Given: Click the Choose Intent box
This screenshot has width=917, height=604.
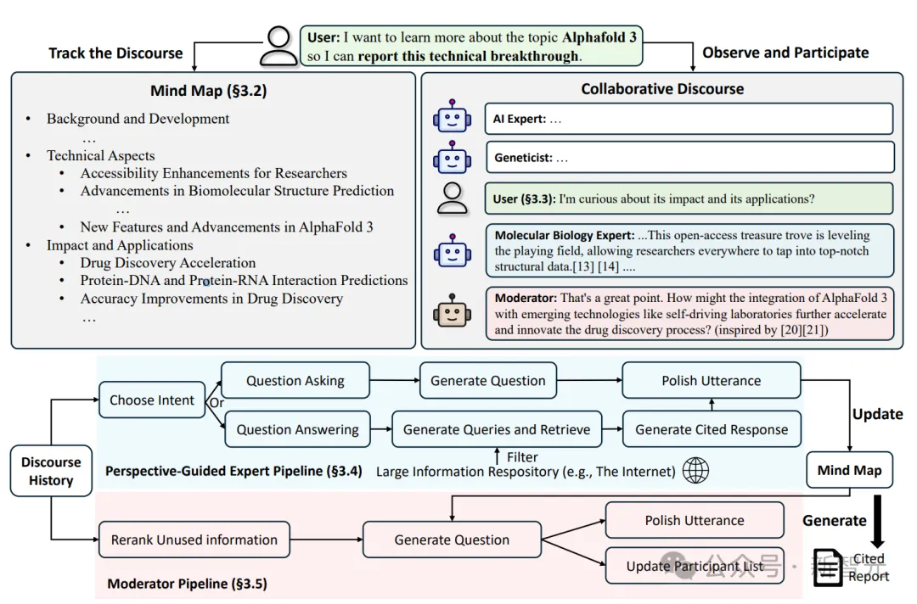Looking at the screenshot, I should (152, 400).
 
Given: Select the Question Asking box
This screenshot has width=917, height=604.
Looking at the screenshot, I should (295, 381).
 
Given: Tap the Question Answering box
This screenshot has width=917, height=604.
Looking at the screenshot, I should (297, 429).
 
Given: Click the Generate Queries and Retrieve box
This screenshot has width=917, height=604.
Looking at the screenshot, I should (497, 429).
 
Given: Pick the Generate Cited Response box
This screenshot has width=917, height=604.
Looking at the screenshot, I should (712, 429).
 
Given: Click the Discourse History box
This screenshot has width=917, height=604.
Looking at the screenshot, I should (51, 471).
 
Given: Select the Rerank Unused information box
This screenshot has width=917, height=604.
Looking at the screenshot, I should (194, 540).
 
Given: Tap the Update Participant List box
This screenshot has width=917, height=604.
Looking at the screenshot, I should (695, 566).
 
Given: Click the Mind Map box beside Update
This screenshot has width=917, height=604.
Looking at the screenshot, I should (849, 470).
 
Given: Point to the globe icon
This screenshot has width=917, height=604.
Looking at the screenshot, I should (695, 471).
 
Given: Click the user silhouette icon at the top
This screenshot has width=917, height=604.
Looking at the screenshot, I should (278, 46).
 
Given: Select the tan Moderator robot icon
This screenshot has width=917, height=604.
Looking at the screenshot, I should (452, 313).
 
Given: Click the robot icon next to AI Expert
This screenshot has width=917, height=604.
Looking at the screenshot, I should (452, 119).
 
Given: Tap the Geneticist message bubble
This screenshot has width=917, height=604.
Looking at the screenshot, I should (689, 157).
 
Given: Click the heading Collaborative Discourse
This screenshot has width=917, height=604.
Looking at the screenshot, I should (662, 89).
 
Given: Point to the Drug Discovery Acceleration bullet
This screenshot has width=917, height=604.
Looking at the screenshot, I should (168, 263).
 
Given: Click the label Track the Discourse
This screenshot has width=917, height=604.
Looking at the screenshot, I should (115, 53).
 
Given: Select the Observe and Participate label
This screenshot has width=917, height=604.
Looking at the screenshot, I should (785, 53).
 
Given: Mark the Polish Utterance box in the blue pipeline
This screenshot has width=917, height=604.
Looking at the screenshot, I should (712, 381).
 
